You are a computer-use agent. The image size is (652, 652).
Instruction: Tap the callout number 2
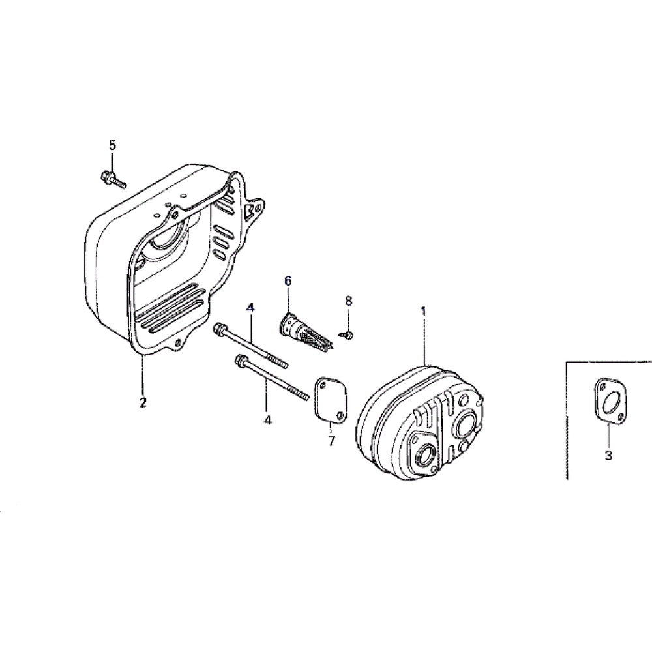[142, 401]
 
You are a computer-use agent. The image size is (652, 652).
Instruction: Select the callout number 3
[608, 456]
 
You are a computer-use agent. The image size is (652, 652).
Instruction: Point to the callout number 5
[112, 145]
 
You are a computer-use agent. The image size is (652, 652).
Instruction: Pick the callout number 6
[288, 281]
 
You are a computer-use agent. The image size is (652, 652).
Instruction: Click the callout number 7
[331, 441]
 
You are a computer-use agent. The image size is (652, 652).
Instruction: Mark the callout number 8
[348, 301]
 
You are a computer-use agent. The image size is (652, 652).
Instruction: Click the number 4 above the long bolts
[250, 306]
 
